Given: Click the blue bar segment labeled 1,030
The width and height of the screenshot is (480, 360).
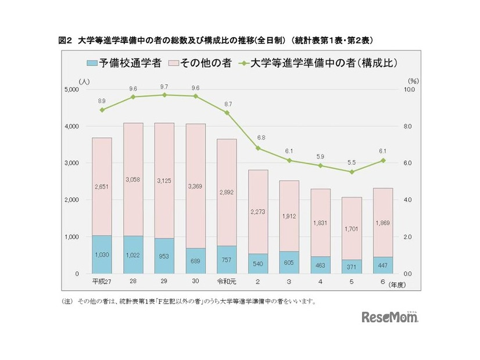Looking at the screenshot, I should [x=102, y=254].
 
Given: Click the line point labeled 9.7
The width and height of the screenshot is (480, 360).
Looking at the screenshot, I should [x=164, y=95].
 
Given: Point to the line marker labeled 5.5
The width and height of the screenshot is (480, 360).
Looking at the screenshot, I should [x=352, y=172].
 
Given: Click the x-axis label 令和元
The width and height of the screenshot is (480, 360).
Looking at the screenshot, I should [x=227, y=282].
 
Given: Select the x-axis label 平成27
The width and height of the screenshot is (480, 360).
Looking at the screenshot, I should [x=102, y=282].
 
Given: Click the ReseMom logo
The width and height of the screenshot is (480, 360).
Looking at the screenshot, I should [x=390, y=317].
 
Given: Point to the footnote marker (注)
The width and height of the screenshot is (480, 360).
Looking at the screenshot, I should [x=67, y=301].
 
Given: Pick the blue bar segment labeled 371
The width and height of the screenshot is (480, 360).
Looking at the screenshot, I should [x=352, y=267].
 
